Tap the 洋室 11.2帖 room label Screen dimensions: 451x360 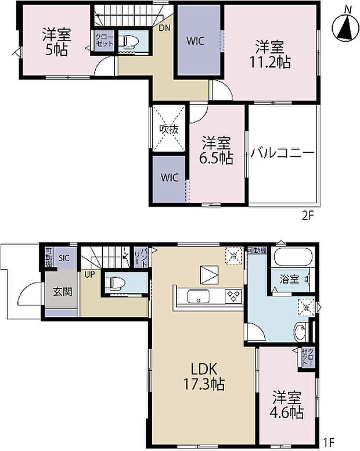tap(271, 53)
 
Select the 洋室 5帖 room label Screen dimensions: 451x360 tap(56, 42)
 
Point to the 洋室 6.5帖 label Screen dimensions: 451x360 tap(217, 149)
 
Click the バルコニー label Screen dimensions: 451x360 tap(283, 153)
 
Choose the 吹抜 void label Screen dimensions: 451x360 tap(169, 130)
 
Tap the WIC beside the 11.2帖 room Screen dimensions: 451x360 tap(194, 41)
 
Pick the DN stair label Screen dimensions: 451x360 tap(164, 27)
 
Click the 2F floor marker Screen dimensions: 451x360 tap(307, 216)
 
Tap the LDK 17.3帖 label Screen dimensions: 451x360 tap(202, 376)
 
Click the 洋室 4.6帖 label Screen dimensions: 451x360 tap(287, 405)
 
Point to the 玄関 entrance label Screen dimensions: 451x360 tap(62, 291)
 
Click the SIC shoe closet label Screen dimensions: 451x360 tap(64, 257)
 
